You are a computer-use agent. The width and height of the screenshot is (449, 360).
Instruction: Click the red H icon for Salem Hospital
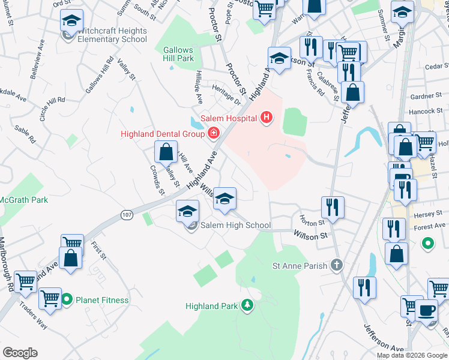point(267,118)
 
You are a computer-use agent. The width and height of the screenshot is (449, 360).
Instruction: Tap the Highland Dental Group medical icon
point(212,133)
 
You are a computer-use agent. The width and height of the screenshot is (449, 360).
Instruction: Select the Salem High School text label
point(235,226)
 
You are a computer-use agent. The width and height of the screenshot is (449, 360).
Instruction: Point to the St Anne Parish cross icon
point(337,265)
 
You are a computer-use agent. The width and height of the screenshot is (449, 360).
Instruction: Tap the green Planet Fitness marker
point(68,300)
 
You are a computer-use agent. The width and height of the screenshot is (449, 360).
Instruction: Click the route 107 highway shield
point(127,215)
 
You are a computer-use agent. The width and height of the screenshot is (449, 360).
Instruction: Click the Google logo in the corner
point(20,353)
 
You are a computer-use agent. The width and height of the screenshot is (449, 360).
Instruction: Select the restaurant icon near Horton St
point(332,208)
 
